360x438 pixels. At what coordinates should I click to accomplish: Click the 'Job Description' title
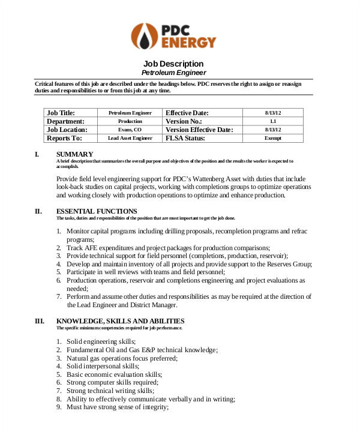pos(173,64)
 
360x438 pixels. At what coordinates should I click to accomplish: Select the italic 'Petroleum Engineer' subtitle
pos(173,73)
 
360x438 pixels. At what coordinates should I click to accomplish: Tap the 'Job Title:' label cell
pos(61,113)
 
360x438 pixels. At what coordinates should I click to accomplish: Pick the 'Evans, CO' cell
pos(130,130)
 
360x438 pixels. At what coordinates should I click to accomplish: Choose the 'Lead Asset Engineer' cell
pos(130,138)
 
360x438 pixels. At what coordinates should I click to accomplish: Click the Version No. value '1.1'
pos(273,121)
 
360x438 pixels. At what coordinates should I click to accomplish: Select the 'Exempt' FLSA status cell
pos(273,138)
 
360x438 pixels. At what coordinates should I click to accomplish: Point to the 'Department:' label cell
pos(65,121)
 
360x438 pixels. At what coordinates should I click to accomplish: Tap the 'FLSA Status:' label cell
pos(185,138)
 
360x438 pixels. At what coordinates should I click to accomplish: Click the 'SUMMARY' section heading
pos(74,154)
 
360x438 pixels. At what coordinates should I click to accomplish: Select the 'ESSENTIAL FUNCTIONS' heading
pos(97,211)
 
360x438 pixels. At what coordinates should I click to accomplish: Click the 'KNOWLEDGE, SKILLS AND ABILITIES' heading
pos(120,321)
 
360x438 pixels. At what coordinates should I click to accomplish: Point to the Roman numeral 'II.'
pos(38,211)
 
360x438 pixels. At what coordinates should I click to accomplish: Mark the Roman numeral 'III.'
pos(40,321)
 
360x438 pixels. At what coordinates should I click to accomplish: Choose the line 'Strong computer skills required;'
pos(112,382)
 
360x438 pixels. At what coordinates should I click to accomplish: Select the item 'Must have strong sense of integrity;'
pos(118,407)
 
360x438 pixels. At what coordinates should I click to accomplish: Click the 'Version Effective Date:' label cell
pos(199,130)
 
